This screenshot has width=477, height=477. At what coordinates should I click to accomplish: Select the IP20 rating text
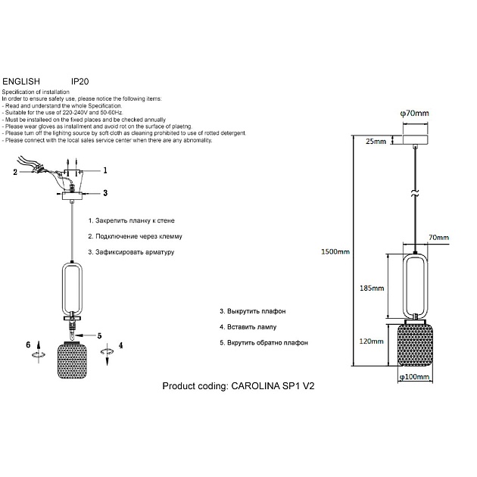(80, 79)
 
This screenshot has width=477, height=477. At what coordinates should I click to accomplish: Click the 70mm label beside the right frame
(438, 238)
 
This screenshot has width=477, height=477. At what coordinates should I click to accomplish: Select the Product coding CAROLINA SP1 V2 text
(238, 386)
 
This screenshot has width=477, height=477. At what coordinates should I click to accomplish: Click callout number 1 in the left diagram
(105, 170)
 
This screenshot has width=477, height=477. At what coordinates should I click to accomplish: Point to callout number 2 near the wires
(14, 173)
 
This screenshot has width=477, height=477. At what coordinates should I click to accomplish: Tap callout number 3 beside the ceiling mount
(105, 194)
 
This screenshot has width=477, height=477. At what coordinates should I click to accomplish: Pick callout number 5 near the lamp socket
(98, 335)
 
